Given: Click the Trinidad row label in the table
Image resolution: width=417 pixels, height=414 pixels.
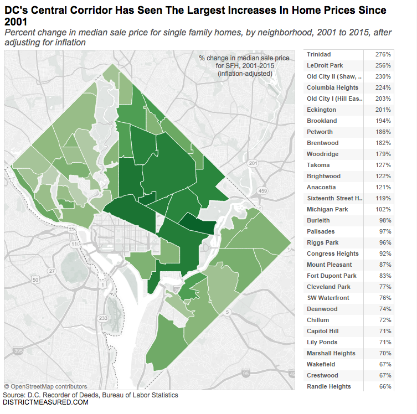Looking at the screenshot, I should pos(319,54).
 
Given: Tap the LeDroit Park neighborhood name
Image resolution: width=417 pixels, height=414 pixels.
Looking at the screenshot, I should pos(325,65).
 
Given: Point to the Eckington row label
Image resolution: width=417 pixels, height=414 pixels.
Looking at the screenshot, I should pos(321,110).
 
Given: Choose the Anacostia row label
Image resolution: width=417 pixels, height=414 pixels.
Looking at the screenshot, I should pos(321,187).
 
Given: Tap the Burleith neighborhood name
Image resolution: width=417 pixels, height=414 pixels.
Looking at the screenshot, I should pos(318,220).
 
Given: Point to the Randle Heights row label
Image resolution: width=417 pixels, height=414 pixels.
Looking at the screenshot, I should pos(329,386).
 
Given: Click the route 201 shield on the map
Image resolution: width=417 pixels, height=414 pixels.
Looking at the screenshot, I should pos(254,164).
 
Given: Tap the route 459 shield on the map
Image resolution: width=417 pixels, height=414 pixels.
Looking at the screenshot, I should pos(263,191).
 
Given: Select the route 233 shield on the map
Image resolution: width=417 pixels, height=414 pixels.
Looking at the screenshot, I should pos(102,318).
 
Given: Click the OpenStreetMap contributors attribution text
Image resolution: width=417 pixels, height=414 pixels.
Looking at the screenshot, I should pos(45,386).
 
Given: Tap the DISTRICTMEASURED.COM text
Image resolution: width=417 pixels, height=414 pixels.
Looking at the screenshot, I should pos(45,402).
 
